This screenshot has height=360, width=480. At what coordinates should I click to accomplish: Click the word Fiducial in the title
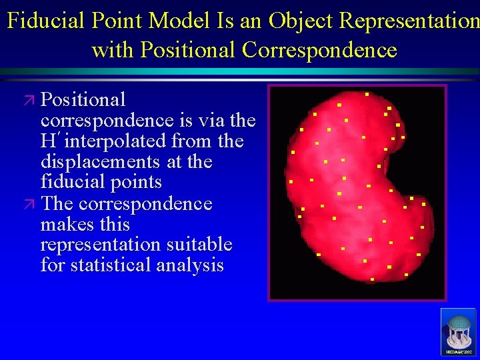point(45,21)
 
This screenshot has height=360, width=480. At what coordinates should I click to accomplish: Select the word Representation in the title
point(409,21)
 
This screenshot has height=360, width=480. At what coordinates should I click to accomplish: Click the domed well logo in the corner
point(458,331)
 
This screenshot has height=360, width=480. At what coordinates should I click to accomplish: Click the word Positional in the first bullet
point(83,100)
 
